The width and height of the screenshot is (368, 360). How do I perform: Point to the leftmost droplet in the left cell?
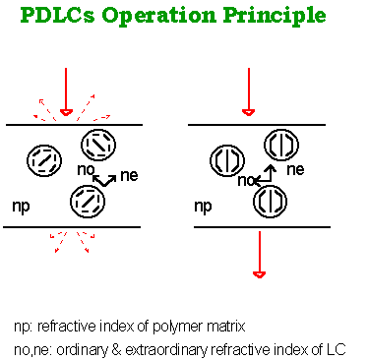pos(41,159)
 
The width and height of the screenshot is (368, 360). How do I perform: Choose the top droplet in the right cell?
pos(282,145)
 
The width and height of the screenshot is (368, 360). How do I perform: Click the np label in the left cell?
pos(22,209)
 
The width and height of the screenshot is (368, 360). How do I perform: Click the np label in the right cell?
pos(205,209)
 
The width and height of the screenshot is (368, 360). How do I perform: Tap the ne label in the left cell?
pos(128,178)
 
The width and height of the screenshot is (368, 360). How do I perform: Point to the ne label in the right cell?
pos(294,170)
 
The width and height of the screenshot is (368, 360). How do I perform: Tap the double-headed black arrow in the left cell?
pos(105,177)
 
